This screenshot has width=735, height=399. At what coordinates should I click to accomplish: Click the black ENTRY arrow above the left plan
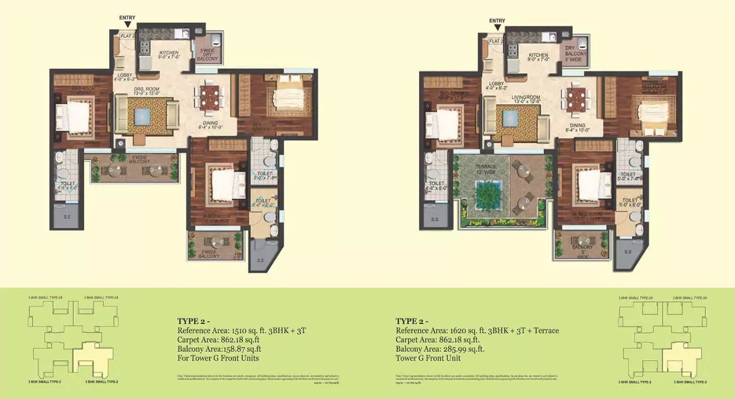pyautogui.click(x=127, y=25)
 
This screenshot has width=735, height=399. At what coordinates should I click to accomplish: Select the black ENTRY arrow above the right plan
pyautogui.click(x=497, y=28)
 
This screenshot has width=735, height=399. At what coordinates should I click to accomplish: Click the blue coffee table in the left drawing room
pyautogui.click(x=142, y=117)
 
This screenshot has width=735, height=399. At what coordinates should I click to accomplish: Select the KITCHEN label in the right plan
pyautogui.click(x=538, y=56)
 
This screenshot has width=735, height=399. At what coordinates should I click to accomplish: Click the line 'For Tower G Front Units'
pyautogui.click(x=218, y=358)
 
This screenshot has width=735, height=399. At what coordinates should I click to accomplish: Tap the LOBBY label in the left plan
pyautogui.click(x=124, y=76)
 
